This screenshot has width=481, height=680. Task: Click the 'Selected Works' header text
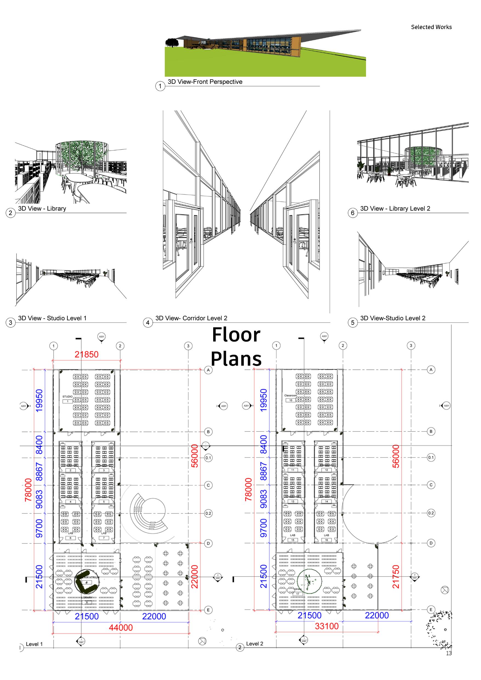[x=431, y=27]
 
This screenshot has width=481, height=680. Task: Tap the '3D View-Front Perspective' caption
[x=205, y=82]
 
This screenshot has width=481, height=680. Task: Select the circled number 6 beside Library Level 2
[x=353, y=213]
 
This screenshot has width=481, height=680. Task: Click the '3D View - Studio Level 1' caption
[x=52, y=318]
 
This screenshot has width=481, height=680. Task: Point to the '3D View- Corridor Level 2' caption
[x=191, y=318]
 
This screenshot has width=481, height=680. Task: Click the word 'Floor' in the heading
[x=236, y=335]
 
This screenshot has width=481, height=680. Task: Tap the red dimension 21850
[x=86, y=354]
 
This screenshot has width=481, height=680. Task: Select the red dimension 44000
[x=120, y=627]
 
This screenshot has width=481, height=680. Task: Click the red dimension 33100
[x=327, y=626]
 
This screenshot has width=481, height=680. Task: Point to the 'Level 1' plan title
[x=34, y=644]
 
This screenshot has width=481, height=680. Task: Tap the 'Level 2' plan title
[x=254, y=644]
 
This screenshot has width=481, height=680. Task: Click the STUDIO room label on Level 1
[x=67, y=397]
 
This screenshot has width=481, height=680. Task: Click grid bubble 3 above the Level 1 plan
[x=188, y=346]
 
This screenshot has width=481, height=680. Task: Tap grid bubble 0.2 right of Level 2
[x=431, y=513]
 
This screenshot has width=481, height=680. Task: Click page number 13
[x=449, y=653]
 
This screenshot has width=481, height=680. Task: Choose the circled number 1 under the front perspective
[x=160, y=86]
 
